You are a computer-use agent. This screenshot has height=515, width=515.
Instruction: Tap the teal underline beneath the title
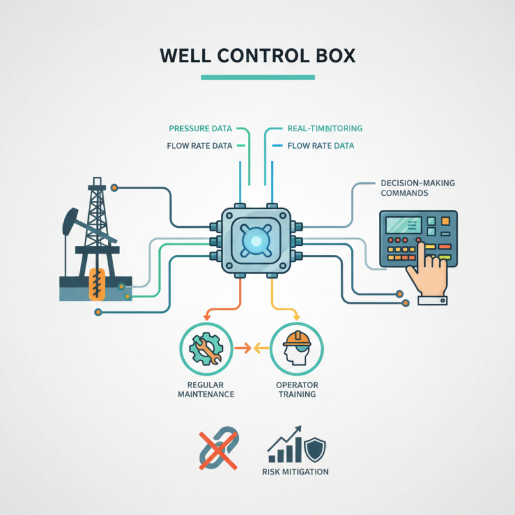click(257, 77)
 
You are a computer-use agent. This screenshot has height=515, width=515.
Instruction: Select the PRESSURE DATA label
click(200, 129)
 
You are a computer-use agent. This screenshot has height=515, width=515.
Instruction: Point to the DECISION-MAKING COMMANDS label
click(417, 188)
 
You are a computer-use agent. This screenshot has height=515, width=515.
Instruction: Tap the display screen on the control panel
click(403, 225)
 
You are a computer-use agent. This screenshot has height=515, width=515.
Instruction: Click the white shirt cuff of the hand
click(432, 299)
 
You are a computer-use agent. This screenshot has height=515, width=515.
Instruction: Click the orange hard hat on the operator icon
click(296, 338)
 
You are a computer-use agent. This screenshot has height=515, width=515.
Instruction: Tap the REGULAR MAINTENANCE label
click(205, 389)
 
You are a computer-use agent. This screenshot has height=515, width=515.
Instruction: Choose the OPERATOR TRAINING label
click(297, 389)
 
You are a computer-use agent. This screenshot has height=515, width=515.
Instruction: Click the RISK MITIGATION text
click(295, 472)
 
